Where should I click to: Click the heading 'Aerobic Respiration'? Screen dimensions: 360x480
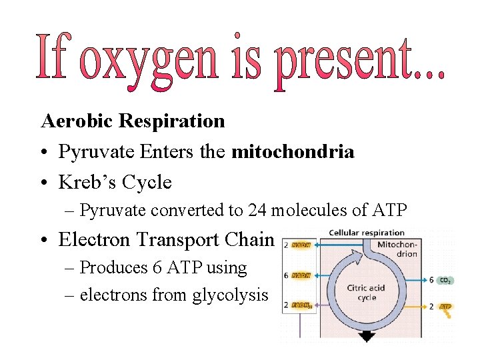tap(133, 121)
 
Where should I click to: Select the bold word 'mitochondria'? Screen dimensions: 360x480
tap(293, 151)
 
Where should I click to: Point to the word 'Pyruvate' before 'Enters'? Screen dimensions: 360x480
tap(97, 152)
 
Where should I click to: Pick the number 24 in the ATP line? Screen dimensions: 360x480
tap(258, 210)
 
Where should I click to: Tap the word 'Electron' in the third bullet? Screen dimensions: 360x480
tap(97, 239)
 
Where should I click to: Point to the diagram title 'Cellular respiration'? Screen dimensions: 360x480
tap(367, 233)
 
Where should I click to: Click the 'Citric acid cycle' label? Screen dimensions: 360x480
tap(366, 293)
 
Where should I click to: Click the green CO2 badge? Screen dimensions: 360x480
tap(445, 280)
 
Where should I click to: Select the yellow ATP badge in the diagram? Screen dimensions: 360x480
tap(445, 307)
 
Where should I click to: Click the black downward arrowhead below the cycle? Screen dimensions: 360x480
tap(367, 337)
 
